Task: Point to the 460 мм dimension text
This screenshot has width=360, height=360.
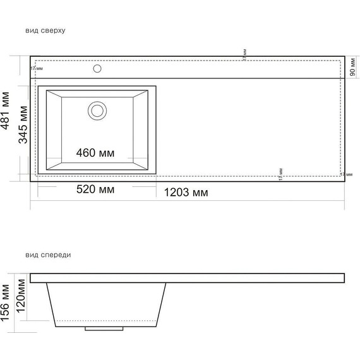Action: (x=95, y=152)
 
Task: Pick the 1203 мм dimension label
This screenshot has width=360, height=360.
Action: (x=186, y=192)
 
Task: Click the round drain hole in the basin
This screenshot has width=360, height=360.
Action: (x=97, y=110)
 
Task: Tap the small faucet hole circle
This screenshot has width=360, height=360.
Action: (x=97, y=68)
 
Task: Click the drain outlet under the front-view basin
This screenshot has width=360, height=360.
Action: (x=97, y=328)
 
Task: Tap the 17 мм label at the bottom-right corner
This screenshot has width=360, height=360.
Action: (x=345, y=174)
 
